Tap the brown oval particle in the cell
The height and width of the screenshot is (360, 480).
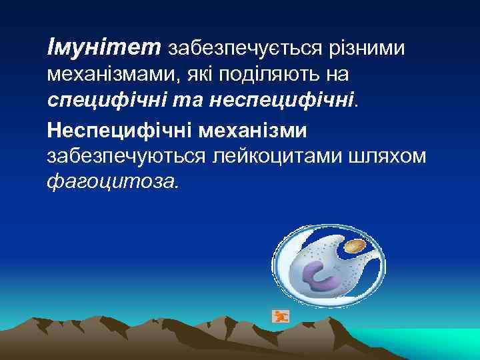pos(353,248)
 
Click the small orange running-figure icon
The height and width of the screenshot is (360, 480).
pos(280,316)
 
